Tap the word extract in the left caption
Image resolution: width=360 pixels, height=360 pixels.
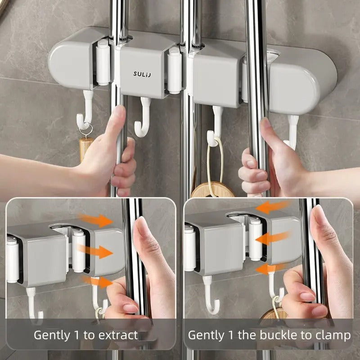(x=119, y=335)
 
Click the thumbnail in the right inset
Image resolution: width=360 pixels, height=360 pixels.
(x=320, y=215)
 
